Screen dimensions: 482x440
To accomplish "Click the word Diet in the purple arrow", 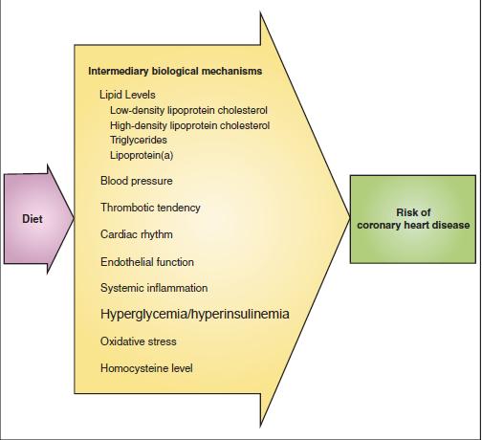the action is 33,219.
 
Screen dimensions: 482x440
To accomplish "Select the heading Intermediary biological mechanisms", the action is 175,71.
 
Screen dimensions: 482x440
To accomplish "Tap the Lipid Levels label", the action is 127,95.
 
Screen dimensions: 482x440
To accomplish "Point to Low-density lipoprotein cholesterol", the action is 188,110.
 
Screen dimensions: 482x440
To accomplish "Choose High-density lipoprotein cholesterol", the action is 190,125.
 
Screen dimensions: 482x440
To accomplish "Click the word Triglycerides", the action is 139,140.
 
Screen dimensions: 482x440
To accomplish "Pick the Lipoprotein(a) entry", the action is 142,155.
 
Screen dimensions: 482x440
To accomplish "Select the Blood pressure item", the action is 137,181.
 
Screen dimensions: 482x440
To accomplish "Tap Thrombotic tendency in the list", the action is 150,208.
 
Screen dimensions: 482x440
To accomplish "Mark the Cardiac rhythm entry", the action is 137,234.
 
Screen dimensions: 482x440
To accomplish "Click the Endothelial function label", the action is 147,262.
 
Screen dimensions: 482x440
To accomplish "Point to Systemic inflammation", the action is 154,288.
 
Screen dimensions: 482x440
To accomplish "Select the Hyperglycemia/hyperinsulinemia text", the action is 195,314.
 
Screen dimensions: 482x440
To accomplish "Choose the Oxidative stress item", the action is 139,341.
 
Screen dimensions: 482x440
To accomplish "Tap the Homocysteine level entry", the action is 146,368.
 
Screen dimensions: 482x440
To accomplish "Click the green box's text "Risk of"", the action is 413,212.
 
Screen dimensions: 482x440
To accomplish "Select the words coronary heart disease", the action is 413,225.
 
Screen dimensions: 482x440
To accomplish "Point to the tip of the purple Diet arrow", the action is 74,218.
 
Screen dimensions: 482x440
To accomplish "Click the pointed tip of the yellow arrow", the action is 350,217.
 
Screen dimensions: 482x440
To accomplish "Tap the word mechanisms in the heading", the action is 231,71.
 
